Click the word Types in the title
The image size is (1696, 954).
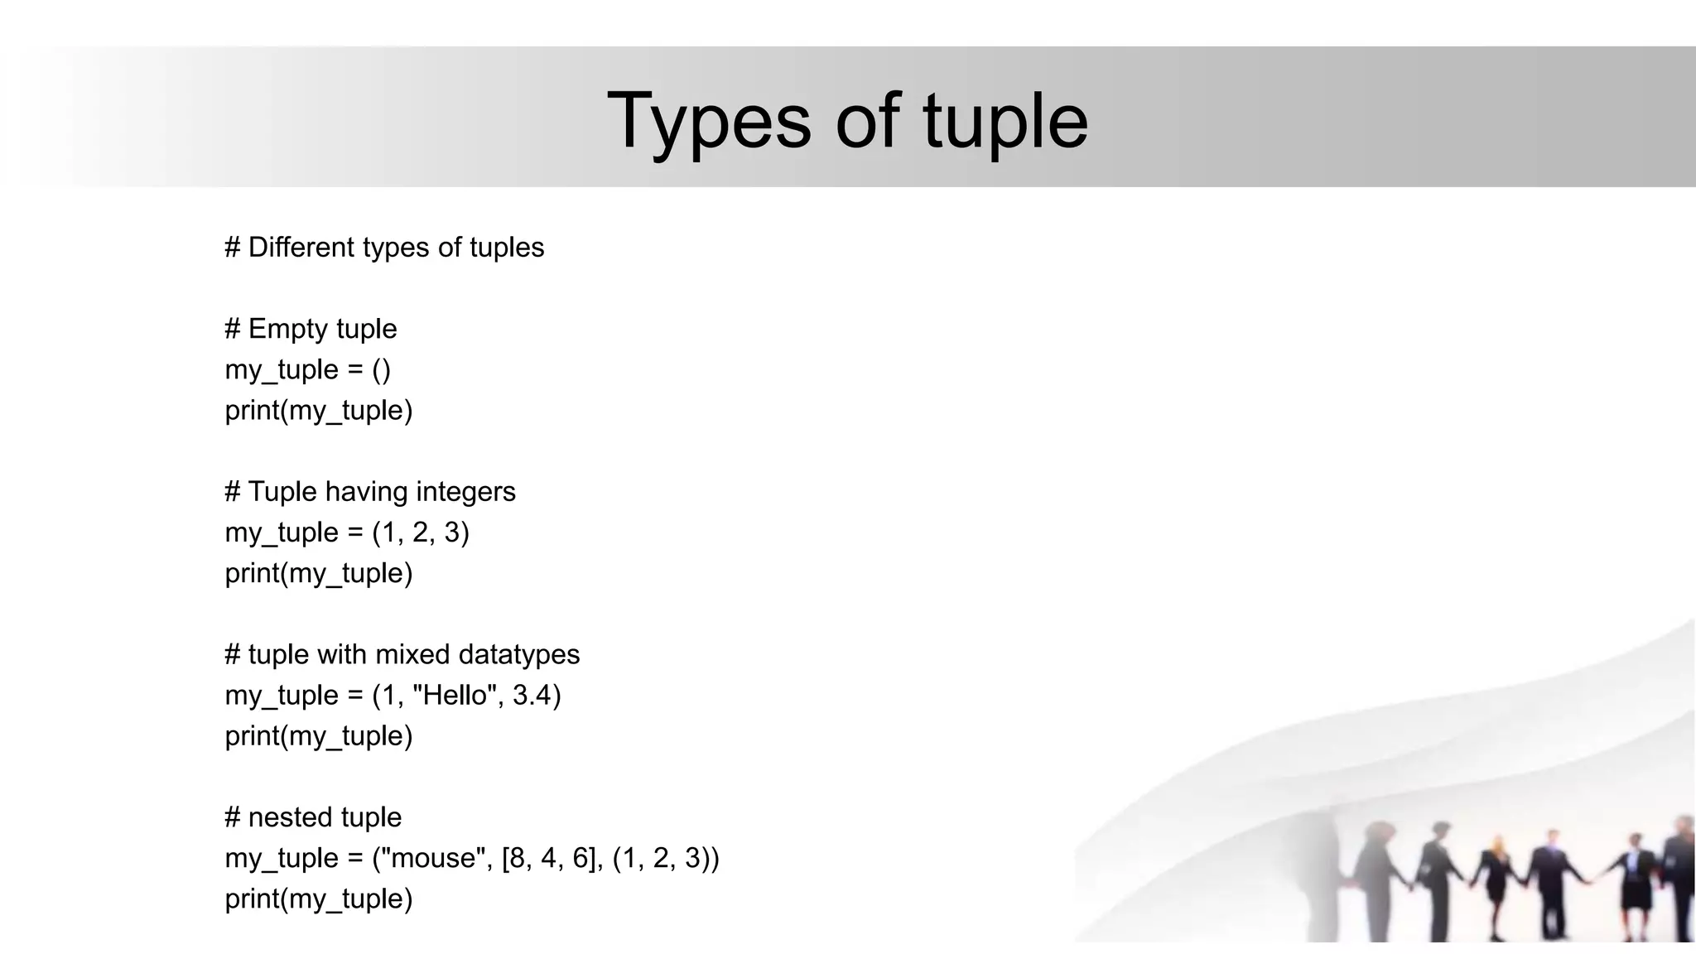[709, 122]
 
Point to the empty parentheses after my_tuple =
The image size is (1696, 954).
[381, 369]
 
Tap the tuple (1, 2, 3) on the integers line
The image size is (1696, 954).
[421, 532]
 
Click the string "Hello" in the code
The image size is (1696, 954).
[456, 695]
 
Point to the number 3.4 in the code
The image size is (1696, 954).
[531, 695]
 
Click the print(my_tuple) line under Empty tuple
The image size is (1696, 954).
[319, 411]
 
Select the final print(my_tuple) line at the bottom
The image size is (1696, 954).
[319, 899]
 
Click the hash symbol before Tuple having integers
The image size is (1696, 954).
[233, 492]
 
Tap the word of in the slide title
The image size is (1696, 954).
[867, 122]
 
